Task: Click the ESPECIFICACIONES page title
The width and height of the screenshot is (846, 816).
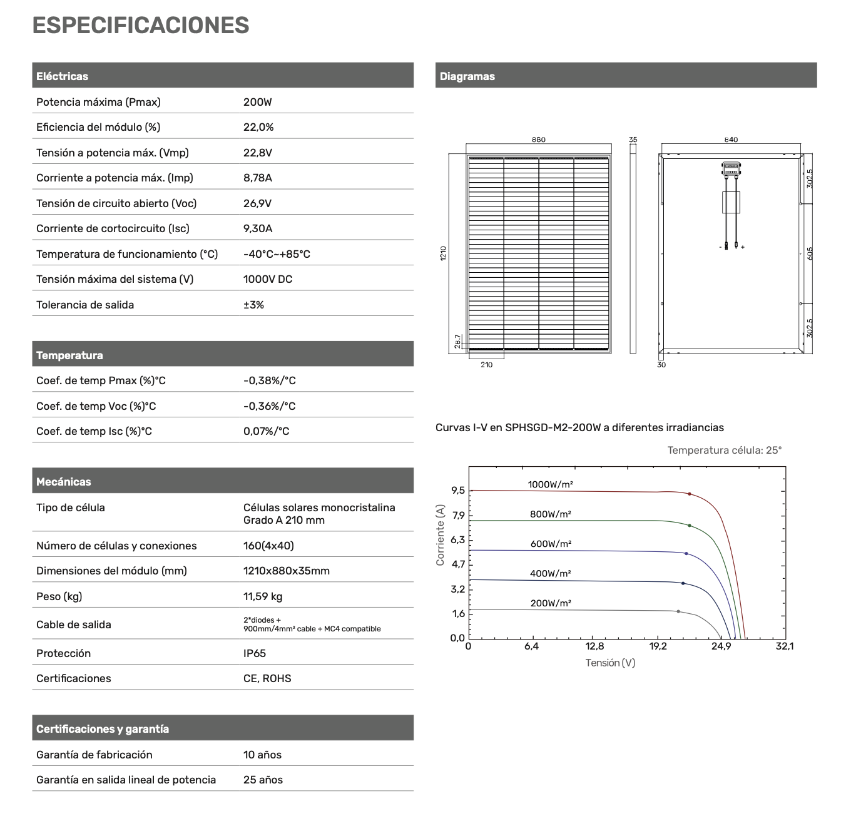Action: [141, 26]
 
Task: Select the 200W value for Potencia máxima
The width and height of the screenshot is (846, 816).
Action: [257, 102]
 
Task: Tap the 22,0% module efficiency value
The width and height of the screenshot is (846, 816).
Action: [258, 127]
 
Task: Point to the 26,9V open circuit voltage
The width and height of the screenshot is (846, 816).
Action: [257, 203]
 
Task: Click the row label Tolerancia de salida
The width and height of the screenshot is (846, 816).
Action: [85, 305]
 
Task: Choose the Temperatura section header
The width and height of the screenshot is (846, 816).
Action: [69, 355]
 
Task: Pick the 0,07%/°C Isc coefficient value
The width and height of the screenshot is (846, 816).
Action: [266, 431]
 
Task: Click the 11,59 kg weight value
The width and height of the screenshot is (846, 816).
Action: [263, 596]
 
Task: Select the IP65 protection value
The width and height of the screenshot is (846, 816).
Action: [255, 653]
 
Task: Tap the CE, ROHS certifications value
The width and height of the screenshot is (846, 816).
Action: [267, 678]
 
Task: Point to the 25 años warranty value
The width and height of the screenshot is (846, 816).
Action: [263, 780]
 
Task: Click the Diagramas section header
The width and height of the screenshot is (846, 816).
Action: [467, 76]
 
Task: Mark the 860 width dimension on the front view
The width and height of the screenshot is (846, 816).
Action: [538, 140]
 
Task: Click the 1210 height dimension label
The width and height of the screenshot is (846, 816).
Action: [443, 253]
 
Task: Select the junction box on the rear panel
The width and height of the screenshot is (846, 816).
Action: [731, 168]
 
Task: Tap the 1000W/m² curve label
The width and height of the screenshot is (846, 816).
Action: [551, 484]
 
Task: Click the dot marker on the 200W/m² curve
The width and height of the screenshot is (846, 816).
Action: [678, 611]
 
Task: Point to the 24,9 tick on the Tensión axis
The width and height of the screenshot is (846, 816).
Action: [721, 646]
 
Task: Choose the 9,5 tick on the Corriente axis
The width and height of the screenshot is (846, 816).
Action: [458, 491]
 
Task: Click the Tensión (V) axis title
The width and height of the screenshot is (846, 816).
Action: [610, 663]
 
